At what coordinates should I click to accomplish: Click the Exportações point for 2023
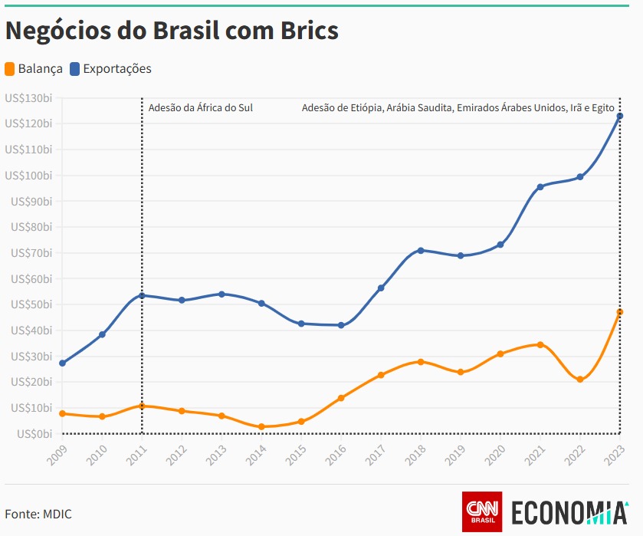tap(620, 116)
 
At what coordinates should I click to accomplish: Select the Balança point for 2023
tap(620, 312)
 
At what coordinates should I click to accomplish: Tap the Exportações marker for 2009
tap(62, 363)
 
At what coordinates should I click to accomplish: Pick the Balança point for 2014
tap(261, 426)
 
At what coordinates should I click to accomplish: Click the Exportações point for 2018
tap(421, 251)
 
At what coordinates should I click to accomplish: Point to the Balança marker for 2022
tap(580, 380)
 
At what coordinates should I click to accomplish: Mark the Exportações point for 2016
tap(341, 325)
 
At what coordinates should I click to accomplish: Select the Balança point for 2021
tap(540, 344)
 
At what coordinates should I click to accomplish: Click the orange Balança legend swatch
tap(11, 69)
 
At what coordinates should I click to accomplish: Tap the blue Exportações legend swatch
tap(75, 69)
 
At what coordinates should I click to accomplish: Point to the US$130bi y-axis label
tap(28, 97)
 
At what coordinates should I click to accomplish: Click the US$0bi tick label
tap(31, 433)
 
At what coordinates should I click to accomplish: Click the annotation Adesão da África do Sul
tap(200, 108)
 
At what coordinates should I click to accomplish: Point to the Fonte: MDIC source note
tap(38, 514)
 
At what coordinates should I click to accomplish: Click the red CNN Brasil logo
tap(482, 511)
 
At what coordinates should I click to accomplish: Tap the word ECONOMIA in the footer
tap(568, 512)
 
